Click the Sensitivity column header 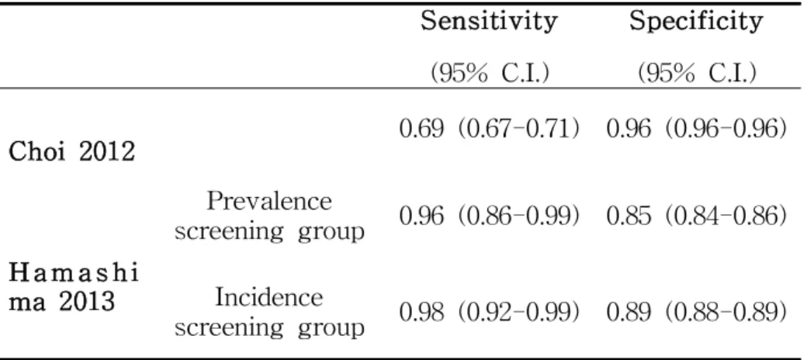[x=488, y=22]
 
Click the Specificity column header [x=696, y=22]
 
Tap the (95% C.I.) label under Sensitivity [x=490, y=74]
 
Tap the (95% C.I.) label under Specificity [x=697, y=74]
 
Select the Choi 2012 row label [x=72, y=153]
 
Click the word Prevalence [x=269, y=201]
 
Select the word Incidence [x=269, y=298]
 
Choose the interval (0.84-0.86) [x=726, y=217]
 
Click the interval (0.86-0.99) [x=518, y=217]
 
